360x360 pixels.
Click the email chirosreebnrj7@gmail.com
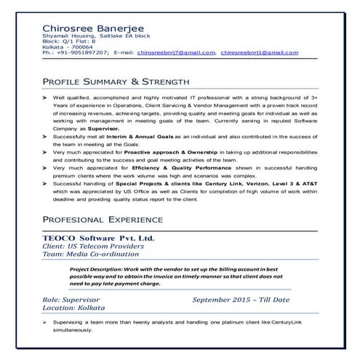coord(176,52)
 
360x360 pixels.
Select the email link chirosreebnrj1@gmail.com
coord(258,52)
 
